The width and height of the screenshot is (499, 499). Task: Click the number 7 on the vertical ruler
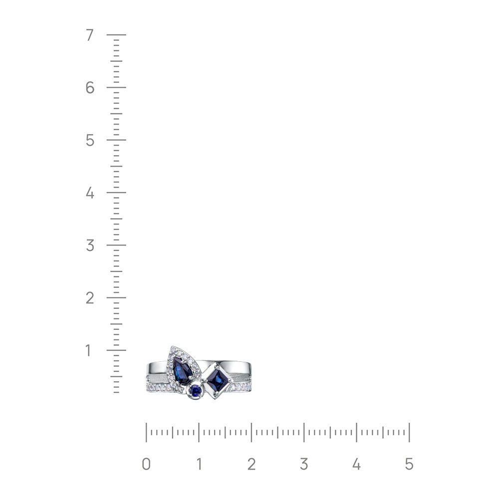click(x=90, y=35)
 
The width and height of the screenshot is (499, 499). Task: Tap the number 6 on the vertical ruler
click(x=90, y=87)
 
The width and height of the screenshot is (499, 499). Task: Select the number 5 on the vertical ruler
click(x=90, y=140)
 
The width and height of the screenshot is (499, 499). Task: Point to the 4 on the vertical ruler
click(x=90, y=193)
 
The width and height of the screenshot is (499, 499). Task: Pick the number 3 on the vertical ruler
click(x=90, y=246)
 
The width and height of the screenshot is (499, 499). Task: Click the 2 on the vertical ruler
click(x=90, y=298)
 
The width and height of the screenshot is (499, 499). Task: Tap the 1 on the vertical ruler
click(x=88, y=350)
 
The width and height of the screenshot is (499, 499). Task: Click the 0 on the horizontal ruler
click(x=146, y=464)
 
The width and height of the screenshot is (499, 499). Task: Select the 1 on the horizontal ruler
click(x=199, y=464)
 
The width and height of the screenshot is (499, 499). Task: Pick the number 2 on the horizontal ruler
click(x=251, y=464)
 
